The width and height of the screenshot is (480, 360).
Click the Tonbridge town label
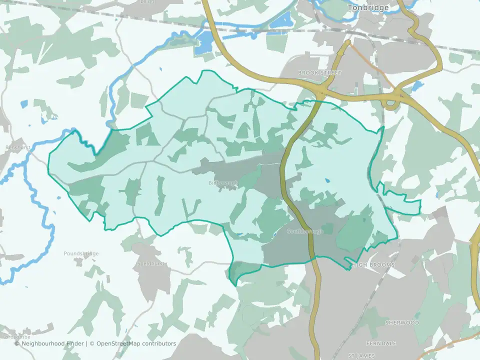point(369,8)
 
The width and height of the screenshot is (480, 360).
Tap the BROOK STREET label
point(319,73)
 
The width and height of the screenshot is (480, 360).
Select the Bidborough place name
point(222,183)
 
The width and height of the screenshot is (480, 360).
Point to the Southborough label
point(305,231)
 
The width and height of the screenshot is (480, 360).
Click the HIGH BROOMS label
point(373,264)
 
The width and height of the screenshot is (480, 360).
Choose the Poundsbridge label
point(81,253)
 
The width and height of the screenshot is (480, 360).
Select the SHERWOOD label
point(402,323)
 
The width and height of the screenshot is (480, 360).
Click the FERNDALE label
point(381,343)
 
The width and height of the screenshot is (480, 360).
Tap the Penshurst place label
point(18,148)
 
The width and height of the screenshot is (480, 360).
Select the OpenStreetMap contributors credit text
point(136,343)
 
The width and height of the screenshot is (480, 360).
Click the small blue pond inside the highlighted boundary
point(327,181)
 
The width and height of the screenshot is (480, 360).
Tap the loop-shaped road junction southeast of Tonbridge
point(390,103)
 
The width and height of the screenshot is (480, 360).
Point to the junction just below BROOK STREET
point(320,92)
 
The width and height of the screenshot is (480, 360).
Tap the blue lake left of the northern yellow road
point(203,43)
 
